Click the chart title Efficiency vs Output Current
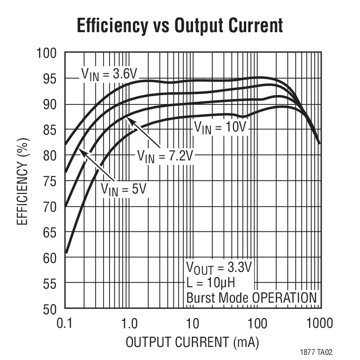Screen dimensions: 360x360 180,26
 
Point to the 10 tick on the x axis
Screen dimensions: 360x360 193,323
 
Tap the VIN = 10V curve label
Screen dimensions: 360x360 219,126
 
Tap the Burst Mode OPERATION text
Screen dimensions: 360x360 251,298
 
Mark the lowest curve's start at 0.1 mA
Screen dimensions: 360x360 66,253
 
